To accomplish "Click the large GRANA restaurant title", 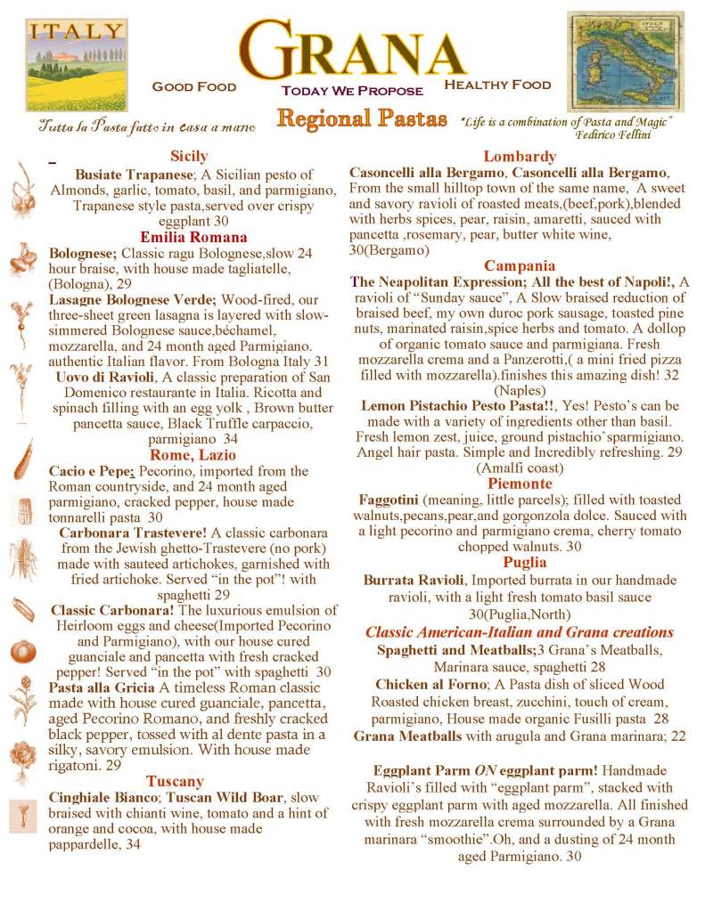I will coord(354,49).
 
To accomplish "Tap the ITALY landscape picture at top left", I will coord(76,64).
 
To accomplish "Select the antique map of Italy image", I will coord(618,61).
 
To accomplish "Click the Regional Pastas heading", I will coord(361,118).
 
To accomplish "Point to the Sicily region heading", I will coord(188,156).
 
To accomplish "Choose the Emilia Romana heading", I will coord(193,237).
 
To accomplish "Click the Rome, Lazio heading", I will coord(193,455).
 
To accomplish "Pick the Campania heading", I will coord(520,265).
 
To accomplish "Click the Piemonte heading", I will coord(520,484).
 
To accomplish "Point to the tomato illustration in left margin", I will coord(21,651).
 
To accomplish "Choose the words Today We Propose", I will coord(352,92).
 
